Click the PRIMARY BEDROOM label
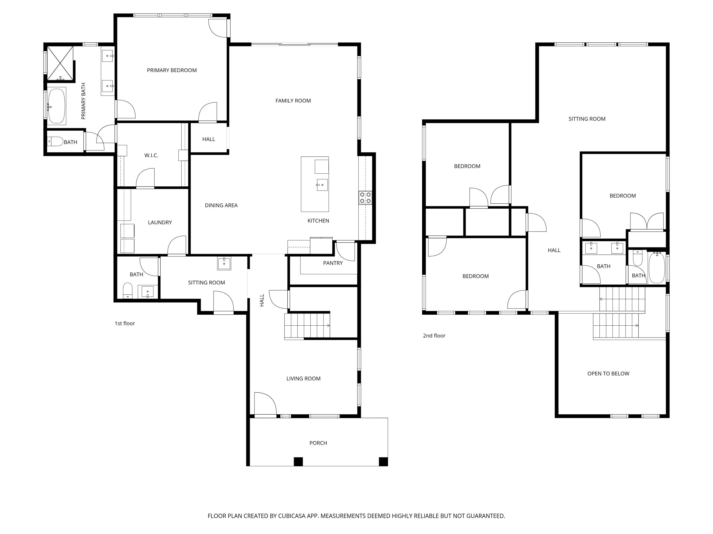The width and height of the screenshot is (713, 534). pyautogui.click(x=172, y=70)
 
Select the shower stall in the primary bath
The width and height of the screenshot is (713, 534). pyautogui.click(x=60, y=63)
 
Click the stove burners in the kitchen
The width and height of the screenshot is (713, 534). pyautogui.click(x=365, y=198)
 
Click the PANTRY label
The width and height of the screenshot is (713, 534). pyautogui.click(x=333, y=263)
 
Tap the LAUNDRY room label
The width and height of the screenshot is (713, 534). pyautogui.click(x=160, y=222)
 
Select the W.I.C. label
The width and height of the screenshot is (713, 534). pyautogui.click(x=151, y=155)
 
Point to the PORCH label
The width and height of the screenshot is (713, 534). pyautogui.click(x=318, y=443)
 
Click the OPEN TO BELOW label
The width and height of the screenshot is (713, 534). pyautogui.click(x=608, y=373)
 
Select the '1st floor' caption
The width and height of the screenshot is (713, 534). pyautogui.click(x=125, y=323)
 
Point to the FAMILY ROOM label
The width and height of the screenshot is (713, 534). pyautogui.click(x=293, y=101)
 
